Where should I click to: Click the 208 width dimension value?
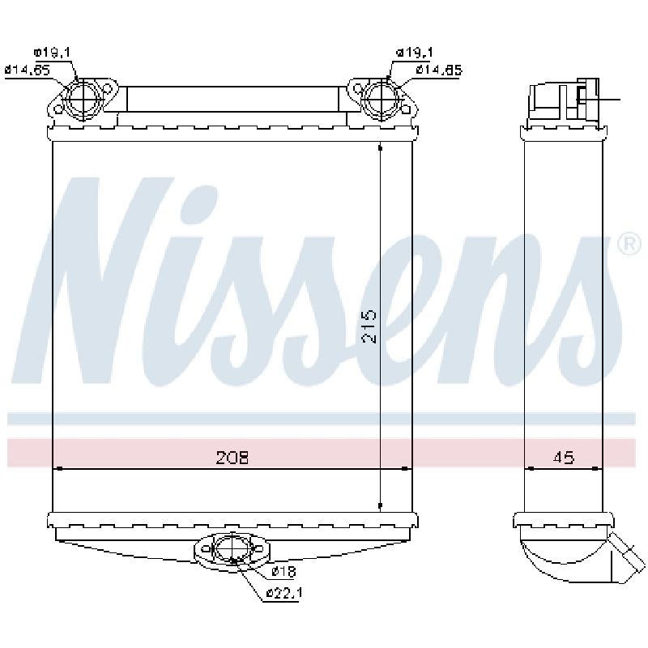tap(232, 458)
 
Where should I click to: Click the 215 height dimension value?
tap(369, 326)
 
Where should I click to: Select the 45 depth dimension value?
tap(563, 458)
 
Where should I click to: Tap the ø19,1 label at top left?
tap(52, 53)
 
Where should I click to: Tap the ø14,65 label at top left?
tap(28, 70)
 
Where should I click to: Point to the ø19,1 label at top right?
tap(414, 53)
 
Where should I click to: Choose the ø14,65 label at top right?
tap(439, 70)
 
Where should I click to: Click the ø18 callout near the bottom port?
tap(284, 572)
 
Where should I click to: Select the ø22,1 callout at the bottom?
tap(284, 593)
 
